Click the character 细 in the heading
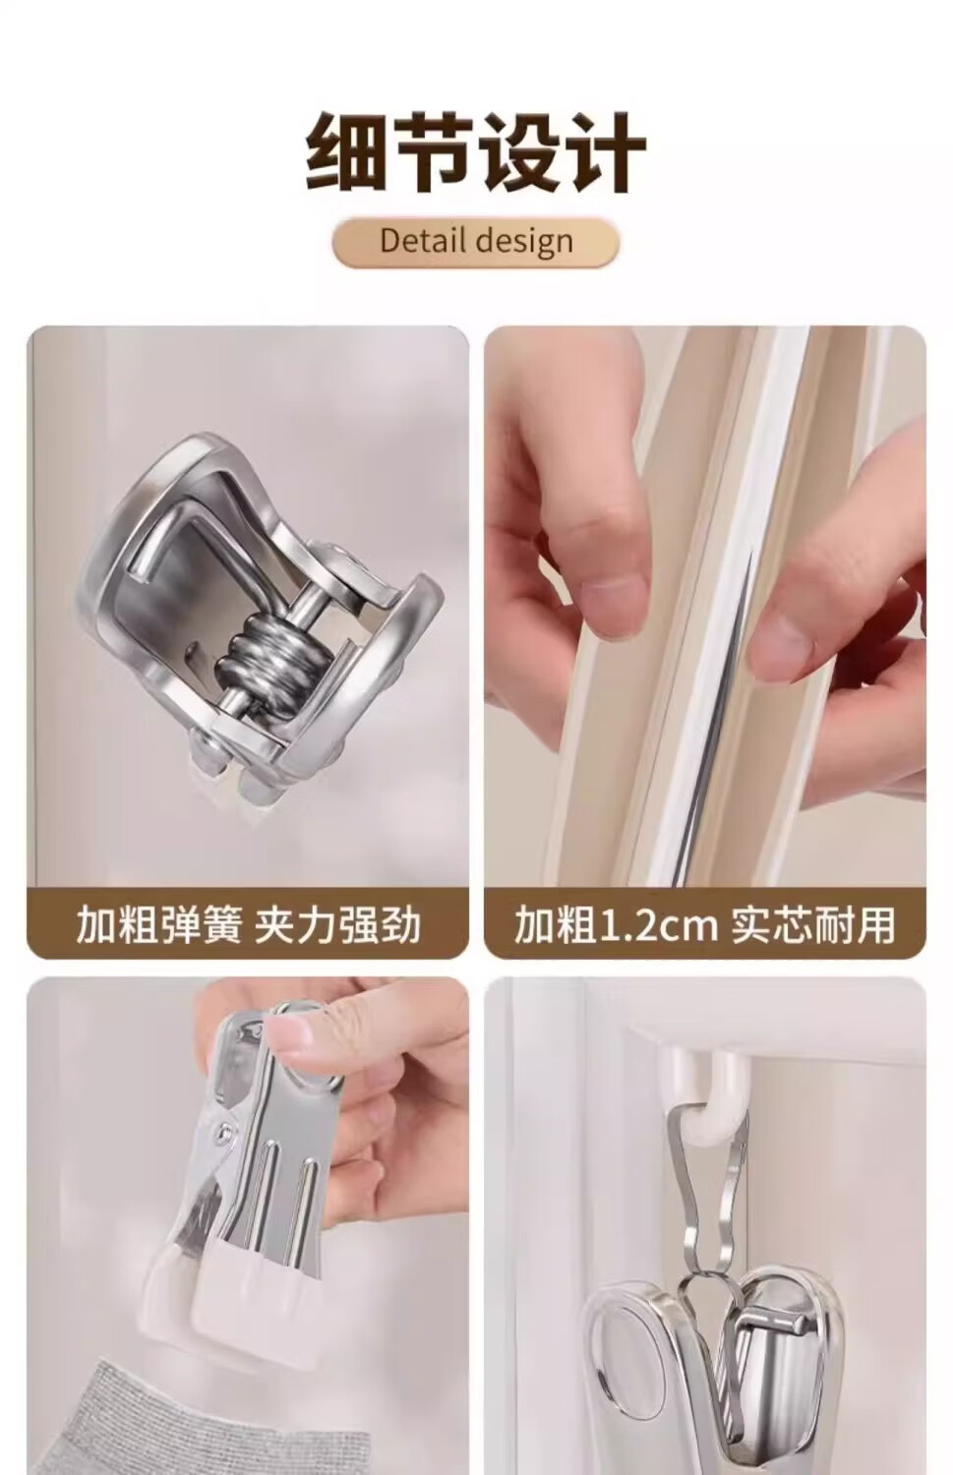(346, 152)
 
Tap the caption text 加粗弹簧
(158, 924)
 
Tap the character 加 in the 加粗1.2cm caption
(533, 924)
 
